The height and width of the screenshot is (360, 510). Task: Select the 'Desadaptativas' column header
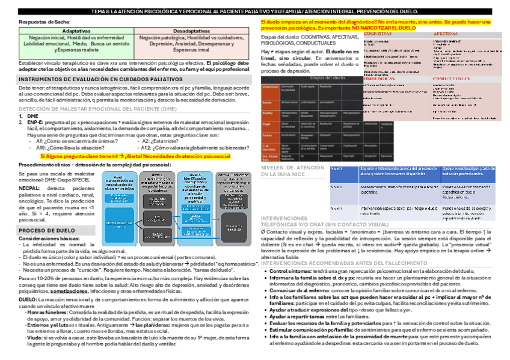[x=192, y=30]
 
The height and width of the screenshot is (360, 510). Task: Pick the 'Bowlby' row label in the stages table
[x=268, y=112]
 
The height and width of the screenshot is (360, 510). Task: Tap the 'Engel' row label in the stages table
[x=267, y=123]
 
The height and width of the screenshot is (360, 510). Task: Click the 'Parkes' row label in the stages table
[x=268, y=135]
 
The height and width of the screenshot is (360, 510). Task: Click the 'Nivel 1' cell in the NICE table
[x=337, y=170]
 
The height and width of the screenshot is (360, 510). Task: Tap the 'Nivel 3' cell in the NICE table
[x=337, y=208]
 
